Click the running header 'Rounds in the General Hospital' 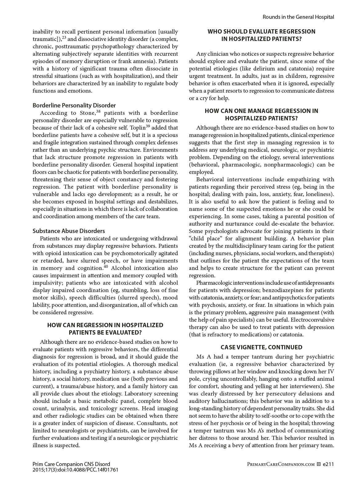tap(298, 17)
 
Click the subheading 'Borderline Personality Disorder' tap(74, 105)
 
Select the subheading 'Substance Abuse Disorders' tap(69, 231)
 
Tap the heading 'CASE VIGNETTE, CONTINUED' tap(261, 347)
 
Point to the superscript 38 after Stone tap(98, 111)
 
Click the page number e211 tap(328, 464)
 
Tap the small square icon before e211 tap(319, 464)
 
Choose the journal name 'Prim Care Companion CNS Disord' tap(71, 464)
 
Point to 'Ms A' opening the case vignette tap(202, 357)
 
